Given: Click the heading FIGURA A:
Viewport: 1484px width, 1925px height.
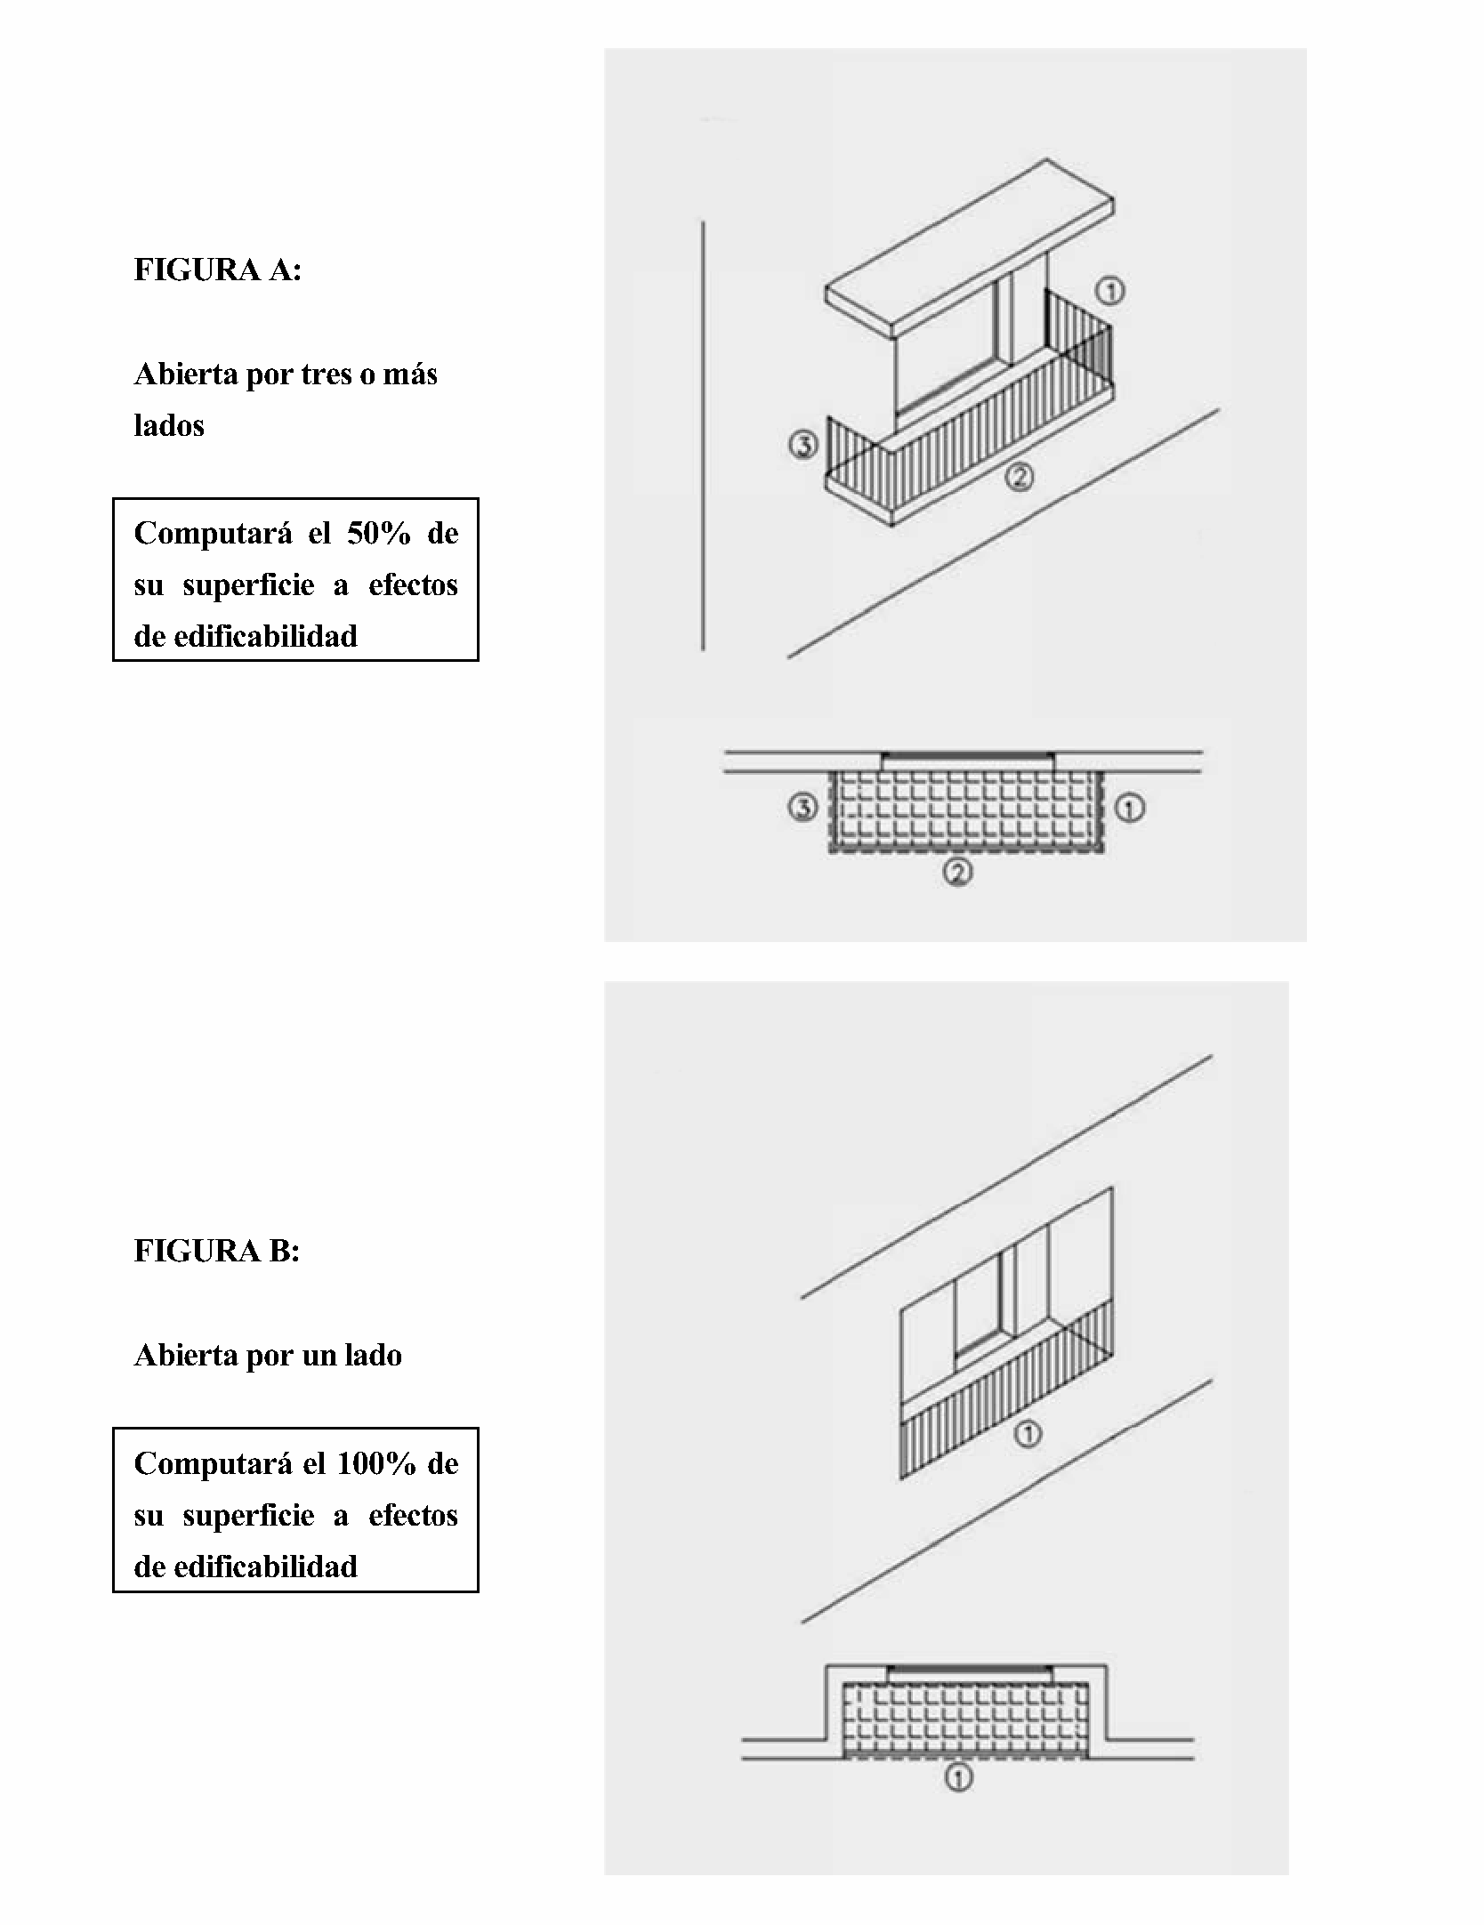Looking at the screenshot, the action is click(x=218, y=270).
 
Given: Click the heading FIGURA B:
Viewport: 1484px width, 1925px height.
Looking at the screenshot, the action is click(x=217, y=1251).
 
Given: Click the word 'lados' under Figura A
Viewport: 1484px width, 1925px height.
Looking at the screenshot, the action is click(x=169, y=425).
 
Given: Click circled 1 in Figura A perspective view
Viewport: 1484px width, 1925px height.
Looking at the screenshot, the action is click(x=1110, y=290).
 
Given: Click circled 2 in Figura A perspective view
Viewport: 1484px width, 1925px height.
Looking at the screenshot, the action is click(x=1019, y=478).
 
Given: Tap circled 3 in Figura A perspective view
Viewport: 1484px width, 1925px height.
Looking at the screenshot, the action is click(x=803, y=445).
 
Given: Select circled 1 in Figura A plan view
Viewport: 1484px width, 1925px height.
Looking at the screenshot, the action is click(x=1130, y=809).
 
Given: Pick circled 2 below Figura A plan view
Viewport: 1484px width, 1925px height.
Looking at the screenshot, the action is click(x=957, y=874).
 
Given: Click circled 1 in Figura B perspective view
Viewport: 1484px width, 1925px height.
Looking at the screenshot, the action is click(x=1028, y=1433).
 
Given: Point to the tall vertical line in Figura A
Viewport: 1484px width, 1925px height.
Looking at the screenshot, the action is click(x=703, y=435).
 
